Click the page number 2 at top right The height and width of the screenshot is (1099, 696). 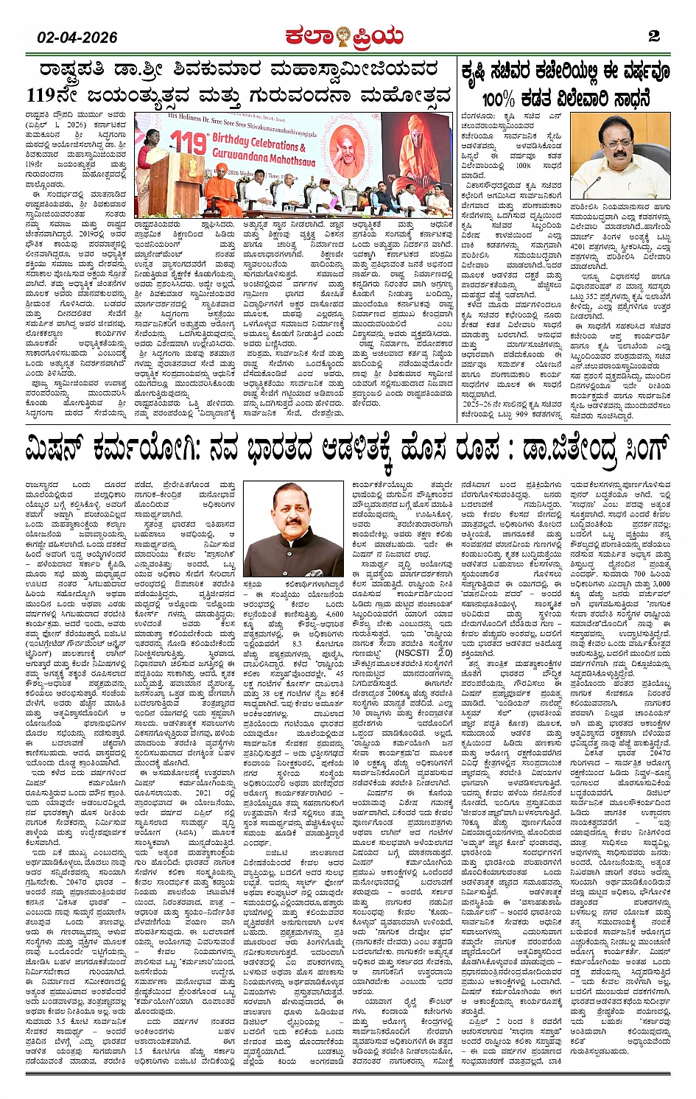[653, 36]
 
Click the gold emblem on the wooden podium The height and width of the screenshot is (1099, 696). [179, 180]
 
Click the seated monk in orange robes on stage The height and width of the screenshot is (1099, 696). [217, 193]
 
